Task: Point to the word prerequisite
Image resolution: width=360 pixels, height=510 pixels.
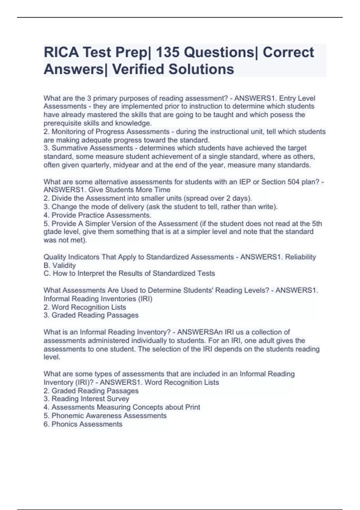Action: tap(62, 123)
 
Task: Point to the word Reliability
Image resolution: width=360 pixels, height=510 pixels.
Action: tap(300, 257)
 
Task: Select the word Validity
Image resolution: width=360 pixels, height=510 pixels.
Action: tap(64, 265)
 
